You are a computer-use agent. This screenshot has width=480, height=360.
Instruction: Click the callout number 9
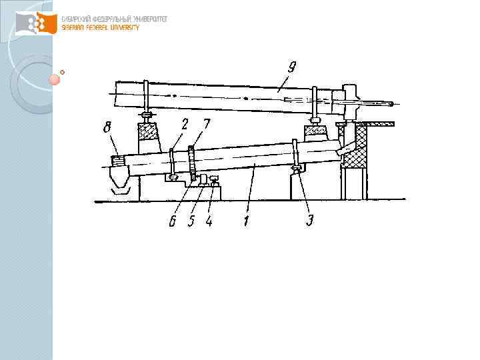coord(291,67)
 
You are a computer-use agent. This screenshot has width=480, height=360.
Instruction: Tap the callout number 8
coord(107,127)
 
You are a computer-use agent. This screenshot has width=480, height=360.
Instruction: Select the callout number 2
coord(185,123)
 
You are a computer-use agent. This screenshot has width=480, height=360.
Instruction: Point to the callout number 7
coord(207,123)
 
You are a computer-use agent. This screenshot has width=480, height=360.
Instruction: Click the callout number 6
coord(173,221)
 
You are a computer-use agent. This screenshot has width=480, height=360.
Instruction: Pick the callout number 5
coord(191,221)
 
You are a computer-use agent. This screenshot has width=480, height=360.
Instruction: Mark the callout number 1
coord(247,221)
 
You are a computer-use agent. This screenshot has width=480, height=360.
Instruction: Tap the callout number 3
coord(309,221)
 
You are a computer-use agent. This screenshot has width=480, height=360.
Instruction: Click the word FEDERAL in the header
coord(97,27)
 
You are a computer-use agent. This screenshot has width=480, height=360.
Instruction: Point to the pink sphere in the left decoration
coord(55,80)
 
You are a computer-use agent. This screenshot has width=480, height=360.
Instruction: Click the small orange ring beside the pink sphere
coord(63,71)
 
